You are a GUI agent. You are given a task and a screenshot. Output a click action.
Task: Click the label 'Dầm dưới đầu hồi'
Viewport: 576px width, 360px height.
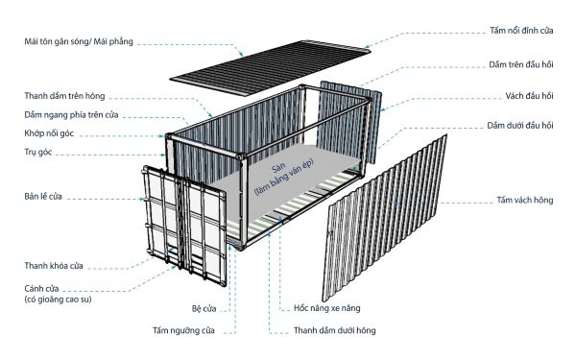tap(519, 126)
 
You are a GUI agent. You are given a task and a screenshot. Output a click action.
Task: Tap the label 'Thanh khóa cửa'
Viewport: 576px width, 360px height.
tap(54, 266)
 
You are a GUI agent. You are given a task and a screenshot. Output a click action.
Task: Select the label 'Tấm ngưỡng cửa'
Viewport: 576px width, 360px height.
tap(183, 331)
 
